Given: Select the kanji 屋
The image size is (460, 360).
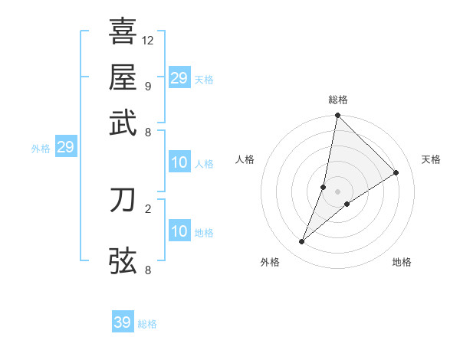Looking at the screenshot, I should point(123,77).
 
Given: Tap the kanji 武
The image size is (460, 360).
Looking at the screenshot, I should point(123,123).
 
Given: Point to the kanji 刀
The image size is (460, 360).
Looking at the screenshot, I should point(123,200).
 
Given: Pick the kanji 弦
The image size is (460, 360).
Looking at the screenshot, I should point(123,260).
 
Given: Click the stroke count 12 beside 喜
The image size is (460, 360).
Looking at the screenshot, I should point(148,40).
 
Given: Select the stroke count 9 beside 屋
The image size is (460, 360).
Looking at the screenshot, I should point(147,86).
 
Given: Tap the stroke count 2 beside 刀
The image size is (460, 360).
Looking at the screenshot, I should point(147,208).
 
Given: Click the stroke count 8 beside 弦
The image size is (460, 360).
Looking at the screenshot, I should point(147,270).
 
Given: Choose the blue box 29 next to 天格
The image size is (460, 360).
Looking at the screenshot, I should point(179,78).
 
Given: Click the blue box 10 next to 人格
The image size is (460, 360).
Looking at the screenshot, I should point(179,162).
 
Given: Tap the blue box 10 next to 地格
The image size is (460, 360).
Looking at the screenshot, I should point(179,231).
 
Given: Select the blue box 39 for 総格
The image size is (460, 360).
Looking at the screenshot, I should point(123,322).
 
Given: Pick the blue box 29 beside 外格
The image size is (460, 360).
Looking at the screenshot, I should point(65,147).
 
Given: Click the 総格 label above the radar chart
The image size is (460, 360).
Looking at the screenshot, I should point(337,100).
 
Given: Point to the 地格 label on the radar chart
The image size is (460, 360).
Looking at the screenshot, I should point(402,262).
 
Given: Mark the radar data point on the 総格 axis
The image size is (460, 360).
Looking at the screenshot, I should point(337,116).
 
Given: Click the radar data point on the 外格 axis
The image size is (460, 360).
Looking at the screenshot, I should point(302,242).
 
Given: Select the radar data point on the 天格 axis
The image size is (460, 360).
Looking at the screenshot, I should point(396,172).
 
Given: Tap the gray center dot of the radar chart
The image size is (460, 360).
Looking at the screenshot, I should point(337,191).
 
